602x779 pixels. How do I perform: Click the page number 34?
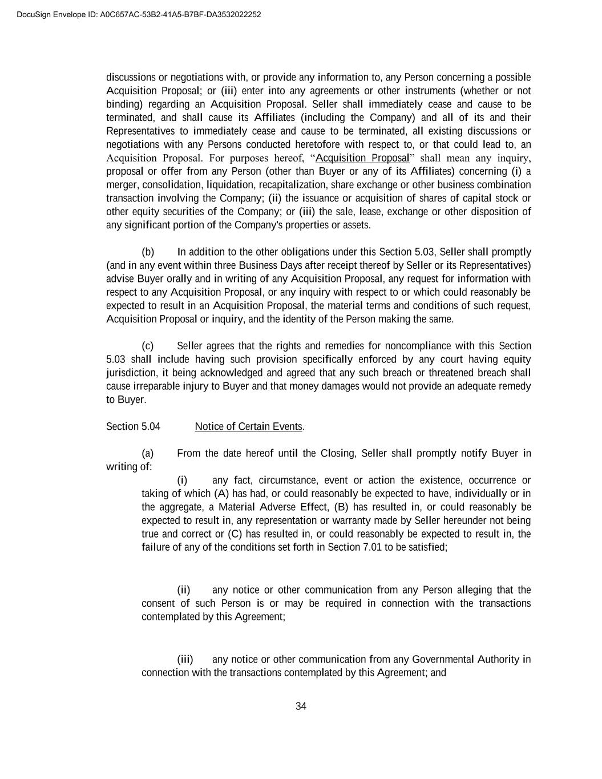[301, 707]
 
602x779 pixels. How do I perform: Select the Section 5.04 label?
[133, 427]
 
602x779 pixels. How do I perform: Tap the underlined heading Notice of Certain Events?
[248, 427]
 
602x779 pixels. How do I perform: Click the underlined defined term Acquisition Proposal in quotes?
[362, 158]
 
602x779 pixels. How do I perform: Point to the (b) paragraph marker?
[148, 252]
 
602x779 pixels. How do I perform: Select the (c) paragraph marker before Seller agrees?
[148, 346]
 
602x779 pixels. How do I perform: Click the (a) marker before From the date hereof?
[148, 454]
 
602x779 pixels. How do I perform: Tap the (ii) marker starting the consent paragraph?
[183, 590]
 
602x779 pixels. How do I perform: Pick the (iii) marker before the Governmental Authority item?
[185, 660]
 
